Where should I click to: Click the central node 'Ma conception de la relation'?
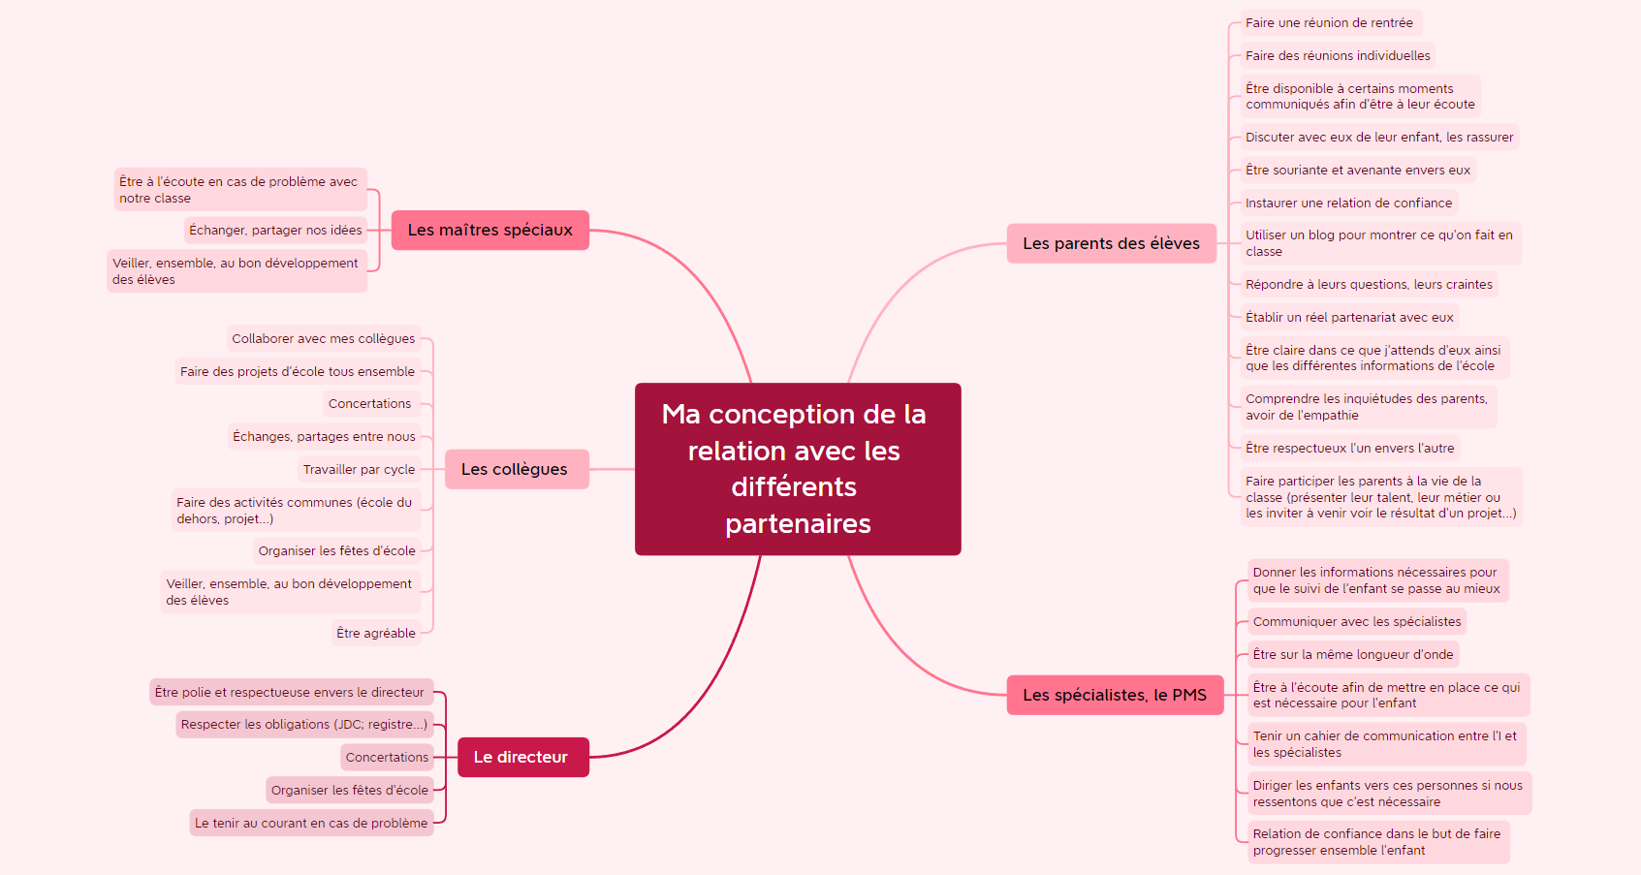pos(797,469)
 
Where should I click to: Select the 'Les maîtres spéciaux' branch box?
pos(489,231)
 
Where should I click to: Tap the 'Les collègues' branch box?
pos(516,469)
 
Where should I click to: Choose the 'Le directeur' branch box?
pos(521,757)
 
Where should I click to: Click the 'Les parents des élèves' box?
pos(1111,243)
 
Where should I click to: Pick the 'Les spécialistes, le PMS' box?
pos(1115,695)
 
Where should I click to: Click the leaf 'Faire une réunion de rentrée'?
pos(1329,23)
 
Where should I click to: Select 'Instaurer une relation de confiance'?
pos(1348,203)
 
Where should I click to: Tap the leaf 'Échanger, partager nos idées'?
pos(275,231)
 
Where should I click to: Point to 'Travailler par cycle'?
pos(359,470)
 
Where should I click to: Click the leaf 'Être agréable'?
pos(376,634)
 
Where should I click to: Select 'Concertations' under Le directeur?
pos(387,758)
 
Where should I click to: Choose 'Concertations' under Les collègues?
pos(369,404)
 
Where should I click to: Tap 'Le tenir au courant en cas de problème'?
pos(311,824)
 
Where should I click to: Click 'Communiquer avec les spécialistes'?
pos(1356,622)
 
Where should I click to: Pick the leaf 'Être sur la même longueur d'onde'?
pos(1352,655)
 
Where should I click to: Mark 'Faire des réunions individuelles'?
pos(1338,56)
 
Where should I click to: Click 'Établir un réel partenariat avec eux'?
pos(1349,318)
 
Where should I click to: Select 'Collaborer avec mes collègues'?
pos(323,339)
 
